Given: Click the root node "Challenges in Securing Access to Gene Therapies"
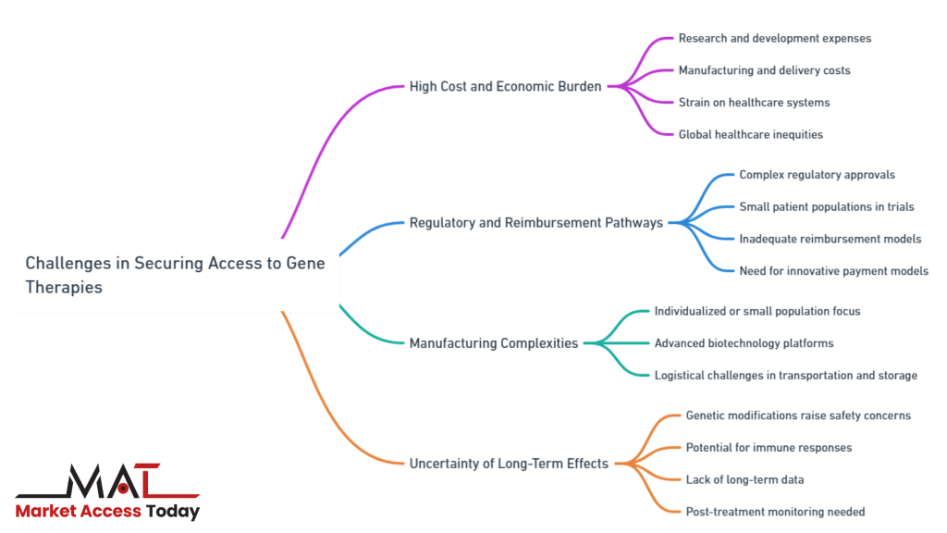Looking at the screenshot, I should click(175, 275).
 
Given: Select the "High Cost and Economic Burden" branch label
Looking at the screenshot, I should click(505, 87).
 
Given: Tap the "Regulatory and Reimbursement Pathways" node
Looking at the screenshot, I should click(535, 223).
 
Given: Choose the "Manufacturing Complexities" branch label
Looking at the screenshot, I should click(494, 343).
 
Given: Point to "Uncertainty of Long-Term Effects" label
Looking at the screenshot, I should click(509, 464).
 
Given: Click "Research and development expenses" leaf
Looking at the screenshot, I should click(774, 39).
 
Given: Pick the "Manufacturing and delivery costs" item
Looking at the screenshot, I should click(764, 70).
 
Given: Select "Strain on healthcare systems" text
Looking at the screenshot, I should click(754, 103).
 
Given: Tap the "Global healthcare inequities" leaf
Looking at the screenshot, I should click(750, 134).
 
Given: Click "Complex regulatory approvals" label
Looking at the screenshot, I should click(817, 175).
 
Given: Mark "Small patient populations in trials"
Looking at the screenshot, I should click(826, 207).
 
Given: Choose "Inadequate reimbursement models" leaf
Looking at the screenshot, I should click(830, 239).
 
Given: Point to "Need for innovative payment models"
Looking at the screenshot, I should click(833, 271).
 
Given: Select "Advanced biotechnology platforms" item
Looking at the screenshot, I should click(744, 343).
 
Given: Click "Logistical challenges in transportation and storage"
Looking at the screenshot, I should click(785, 376).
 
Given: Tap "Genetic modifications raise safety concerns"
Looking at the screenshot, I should click(798, 415).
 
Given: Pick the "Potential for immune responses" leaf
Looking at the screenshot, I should click(769, 448).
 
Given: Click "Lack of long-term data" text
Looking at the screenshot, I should click(744, 479).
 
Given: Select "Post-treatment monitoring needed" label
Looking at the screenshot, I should click(775, 512).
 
